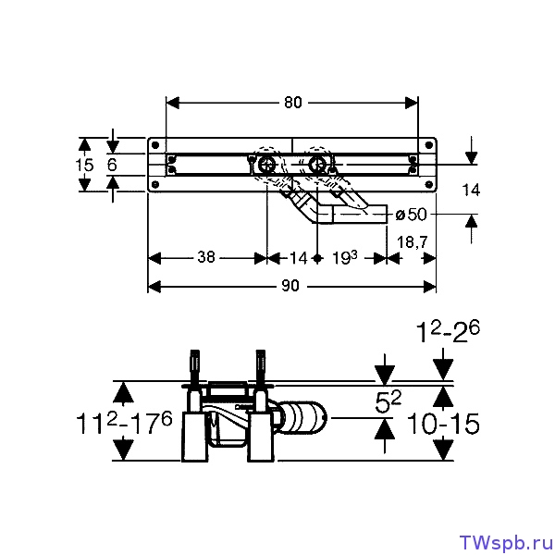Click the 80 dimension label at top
pos(292,103)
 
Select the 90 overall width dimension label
pos(290,286)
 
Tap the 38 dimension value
pos(206,256)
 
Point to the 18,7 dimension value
pos(412,242)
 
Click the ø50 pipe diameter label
pos(411,215)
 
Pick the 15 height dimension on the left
pos(84,165)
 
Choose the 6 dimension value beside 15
pos(112,165)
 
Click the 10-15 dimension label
pos(443,424)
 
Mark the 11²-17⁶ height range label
pos(124,423)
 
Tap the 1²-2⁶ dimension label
pos(448,332)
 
